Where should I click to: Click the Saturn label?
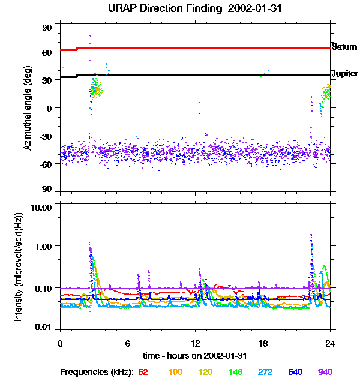tap(344, 47)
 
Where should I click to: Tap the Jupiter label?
tap(344, 74)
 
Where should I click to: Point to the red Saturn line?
tap(204, 47)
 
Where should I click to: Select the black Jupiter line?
tap(204, 74)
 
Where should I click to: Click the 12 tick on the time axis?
tap(194, 343)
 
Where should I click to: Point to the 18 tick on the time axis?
tap(262, 343)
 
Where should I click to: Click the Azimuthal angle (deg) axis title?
tap(27, 108)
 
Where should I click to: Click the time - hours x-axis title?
tap(194, 355)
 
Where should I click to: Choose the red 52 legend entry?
tap(143, 372)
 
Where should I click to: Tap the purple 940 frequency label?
tap(325, 372)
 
